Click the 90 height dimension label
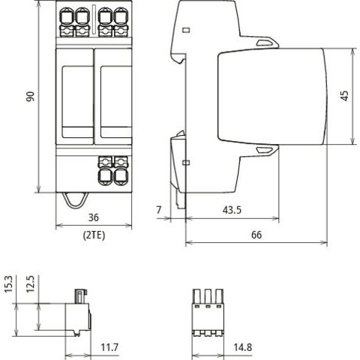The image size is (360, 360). (31, 97)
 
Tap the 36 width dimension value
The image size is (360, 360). (94, 217)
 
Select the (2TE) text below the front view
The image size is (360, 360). (94, 235)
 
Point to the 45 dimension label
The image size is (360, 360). (344, 96)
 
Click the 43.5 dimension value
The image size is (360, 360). (232, 210)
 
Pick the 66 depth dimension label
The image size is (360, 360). (256, 235)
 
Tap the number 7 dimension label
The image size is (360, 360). (159, 210)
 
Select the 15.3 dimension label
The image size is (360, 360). (8, 284)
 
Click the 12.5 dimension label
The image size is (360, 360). (30, 284)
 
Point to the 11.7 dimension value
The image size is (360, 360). (109, 347)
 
